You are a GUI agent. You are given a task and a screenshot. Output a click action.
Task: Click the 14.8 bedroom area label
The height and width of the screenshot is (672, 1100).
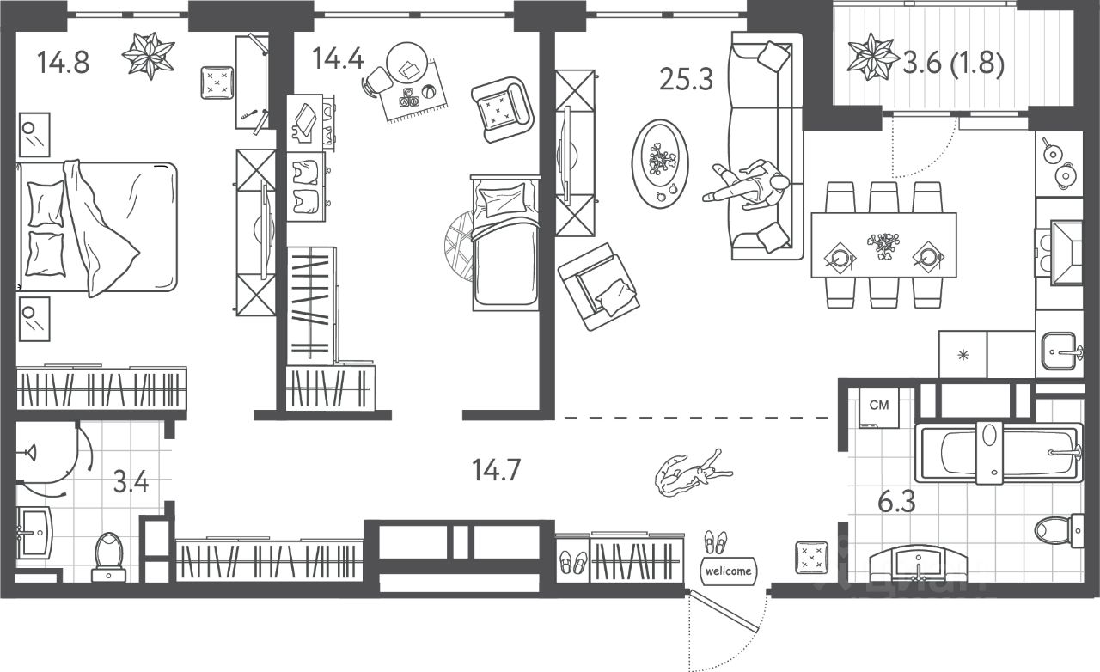point(64,62)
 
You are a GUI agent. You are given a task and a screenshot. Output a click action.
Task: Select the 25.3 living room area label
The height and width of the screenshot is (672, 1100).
point(686,79)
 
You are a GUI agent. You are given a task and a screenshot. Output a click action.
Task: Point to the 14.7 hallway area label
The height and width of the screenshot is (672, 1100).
point(498,470)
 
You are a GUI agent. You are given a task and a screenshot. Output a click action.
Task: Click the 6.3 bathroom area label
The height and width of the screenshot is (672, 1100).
point(895,500)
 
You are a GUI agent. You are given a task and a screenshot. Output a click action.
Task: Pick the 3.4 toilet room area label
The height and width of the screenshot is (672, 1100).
point(131,480)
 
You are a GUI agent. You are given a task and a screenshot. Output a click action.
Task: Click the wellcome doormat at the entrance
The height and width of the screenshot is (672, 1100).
point(727,570)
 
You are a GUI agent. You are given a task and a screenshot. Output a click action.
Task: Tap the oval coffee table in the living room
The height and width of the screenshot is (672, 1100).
point(660,161)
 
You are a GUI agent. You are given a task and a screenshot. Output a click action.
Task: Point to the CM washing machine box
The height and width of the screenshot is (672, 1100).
point(879,407)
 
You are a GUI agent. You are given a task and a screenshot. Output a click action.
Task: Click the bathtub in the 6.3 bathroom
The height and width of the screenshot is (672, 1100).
point(997,453)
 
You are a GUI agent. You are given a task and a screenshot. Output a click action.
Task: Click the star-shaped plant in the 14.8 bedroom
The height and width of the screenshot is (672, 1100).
point(148,54)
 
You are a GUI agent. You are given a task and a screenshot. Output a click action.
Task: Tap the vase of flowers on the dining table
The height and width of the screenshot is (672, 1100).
point(883,244)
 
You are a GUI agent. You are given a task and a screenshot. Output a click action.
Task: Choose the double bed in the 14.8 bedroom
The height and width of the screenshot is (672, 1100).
point(99,227)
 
